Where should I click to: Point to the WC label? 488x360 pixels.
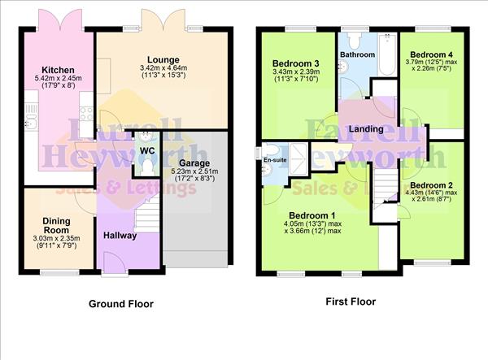[147, 150]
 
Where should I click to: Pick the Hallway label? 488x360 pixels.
[120, 236]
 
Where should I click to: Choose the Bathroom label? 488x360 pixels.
[357, 54]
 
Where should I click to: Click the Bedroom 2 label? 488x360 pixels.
[431, 184]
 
